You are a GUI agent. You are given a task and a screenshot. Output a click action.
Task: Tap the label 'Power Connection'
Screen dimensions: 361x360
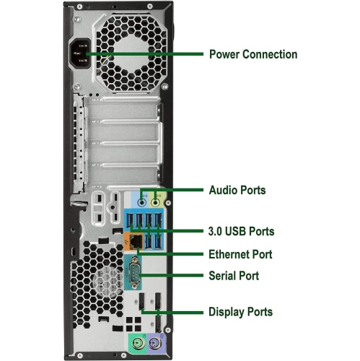click(253, 54)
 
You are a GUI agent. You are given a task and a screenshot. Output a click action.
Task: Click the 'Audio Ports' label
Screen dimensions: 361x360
click(237, 191)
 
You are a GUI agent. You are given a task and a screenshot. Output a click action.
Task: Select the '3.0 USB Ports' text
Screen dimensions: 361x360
click(241, 231)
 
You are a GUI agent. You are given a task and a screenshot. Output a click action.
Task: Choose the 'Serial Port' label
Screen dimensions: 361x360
click(233, 276)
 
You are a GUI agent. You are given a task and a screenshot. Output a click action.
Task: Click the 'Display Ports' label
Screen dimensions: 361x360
click(240, 312)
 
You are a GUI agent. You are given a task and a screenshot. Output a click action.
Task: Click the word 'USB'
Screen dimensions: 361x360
click(237, 231)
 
